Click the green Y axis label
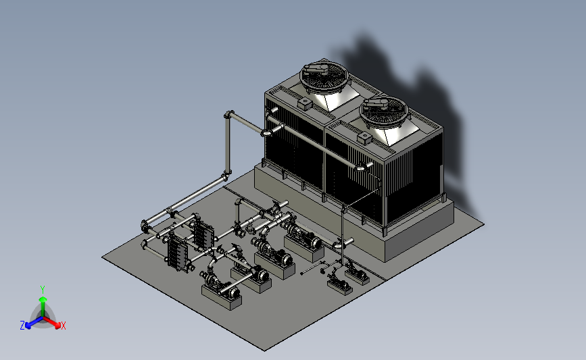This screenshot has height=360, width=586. point(43,290)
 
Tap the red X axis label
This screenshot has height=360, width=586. point(63,326)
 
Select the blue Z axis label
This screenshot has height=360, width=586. point(22,326)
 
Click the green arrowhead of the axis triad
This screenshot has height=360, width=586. point(43,299)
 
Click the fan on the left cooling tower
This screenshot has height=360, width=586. point(324,76)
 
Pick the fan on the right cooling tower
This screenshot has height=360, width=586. point(384,110)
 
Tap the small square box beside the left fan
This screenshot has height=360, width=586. point(305,103)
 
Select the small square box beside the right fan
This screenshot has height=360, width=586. point(364,138)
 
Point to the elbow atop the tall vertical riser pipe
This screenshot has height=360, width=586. point(228,114)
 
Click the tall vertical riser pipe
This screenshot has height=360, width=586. point(227,145)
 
